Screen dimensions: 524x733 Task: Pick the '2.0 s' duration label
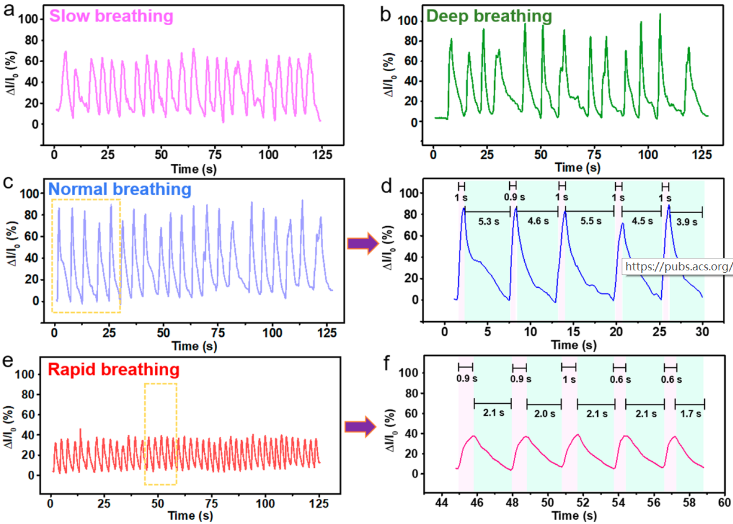[x=544, y=413]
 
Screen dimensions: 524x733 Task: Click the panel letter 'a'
[x=10, y=11]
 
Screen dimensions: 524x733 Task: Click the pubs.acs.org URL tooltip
[x=678, y=266]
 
